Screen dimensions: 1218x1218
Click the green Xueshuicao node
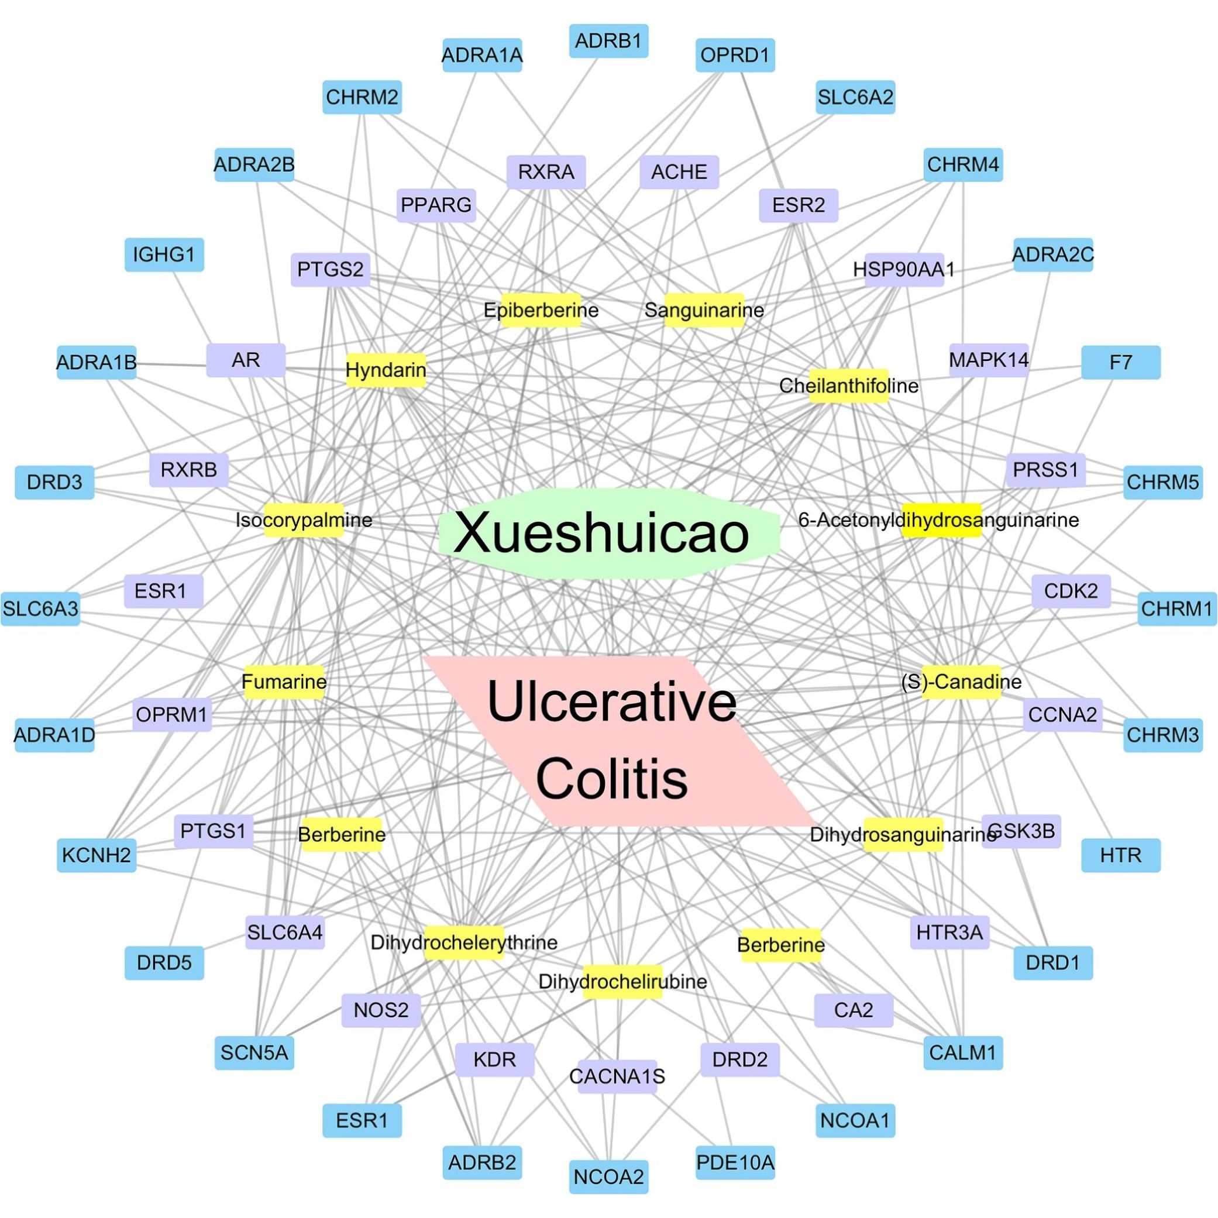(x=608, y=534)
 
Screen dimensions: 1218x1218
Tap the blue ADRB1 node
(x=608, y=41)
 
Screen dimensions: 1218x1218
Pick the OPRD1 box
(x=735, y=56)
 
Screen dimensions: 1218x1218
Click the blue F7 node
(x=1120, y=363)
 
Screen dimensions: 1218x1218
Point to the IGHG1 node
(x=164, y=254)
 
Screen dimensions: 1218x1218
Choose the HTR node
(x=1120, y=855)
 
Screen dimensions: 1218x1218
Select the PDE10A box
(x=735, y=1162)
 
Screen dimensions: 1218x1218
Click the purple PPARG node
(x=436, y=205)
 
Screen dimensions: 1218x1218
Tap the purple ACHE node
(x=679, y=172)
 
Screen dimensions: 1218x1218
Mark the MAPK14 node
(x=989, y=360)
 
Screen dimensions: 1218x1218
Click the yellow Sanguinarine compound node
(x=704, y=310)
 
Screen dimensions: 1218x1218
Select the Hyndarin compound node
(x=386, y=370)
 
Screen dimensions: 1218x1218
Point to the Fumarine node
(x=284, y=682)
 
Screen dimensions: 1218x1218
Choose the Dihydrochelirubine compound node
(x=622, y=982)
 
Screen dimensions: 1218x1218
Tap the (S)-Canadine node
(x=961, y=682)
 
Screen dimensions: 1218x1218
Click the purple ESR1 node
(x=163, y=591)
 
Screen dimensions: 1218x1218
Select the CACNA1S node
(x=617, y=1076)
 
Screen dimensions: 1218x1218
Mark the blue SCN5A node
(x=254, y=1052)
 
